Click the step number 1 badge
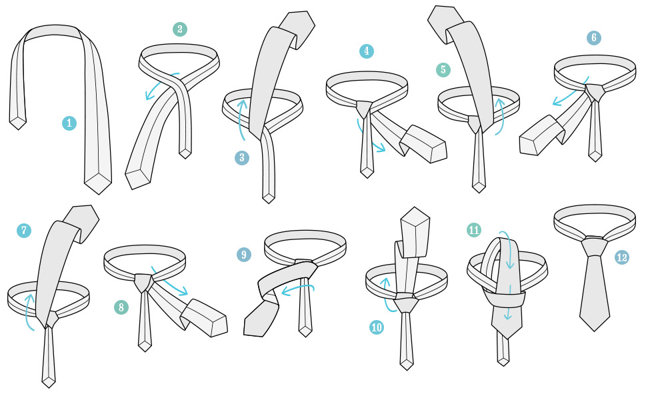(x=69, y=123)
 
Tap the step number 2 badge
(x=180, y=29)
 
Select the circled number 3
(x=242, y=157)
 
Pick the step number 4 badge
(x=367, y=51)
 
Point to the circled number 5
(x=443, y=69)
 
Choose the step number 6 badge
(x=594, y=37)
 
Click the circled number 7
(x=24, y=230)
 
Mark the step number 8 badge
(x=121, y=307)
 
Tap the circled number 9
(x=244, y=254)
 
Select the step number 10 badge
(x=377, y=327)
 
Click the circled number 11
(x=473, y=230)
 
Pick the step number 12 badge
(x=621, y=257)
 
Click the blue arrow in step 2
(x=159, y=84)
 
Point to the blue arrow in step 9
(x=297, y=289)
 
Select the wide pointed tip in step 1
(x=99, y=183)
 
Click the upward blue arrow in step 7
(x=30, y=311)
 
